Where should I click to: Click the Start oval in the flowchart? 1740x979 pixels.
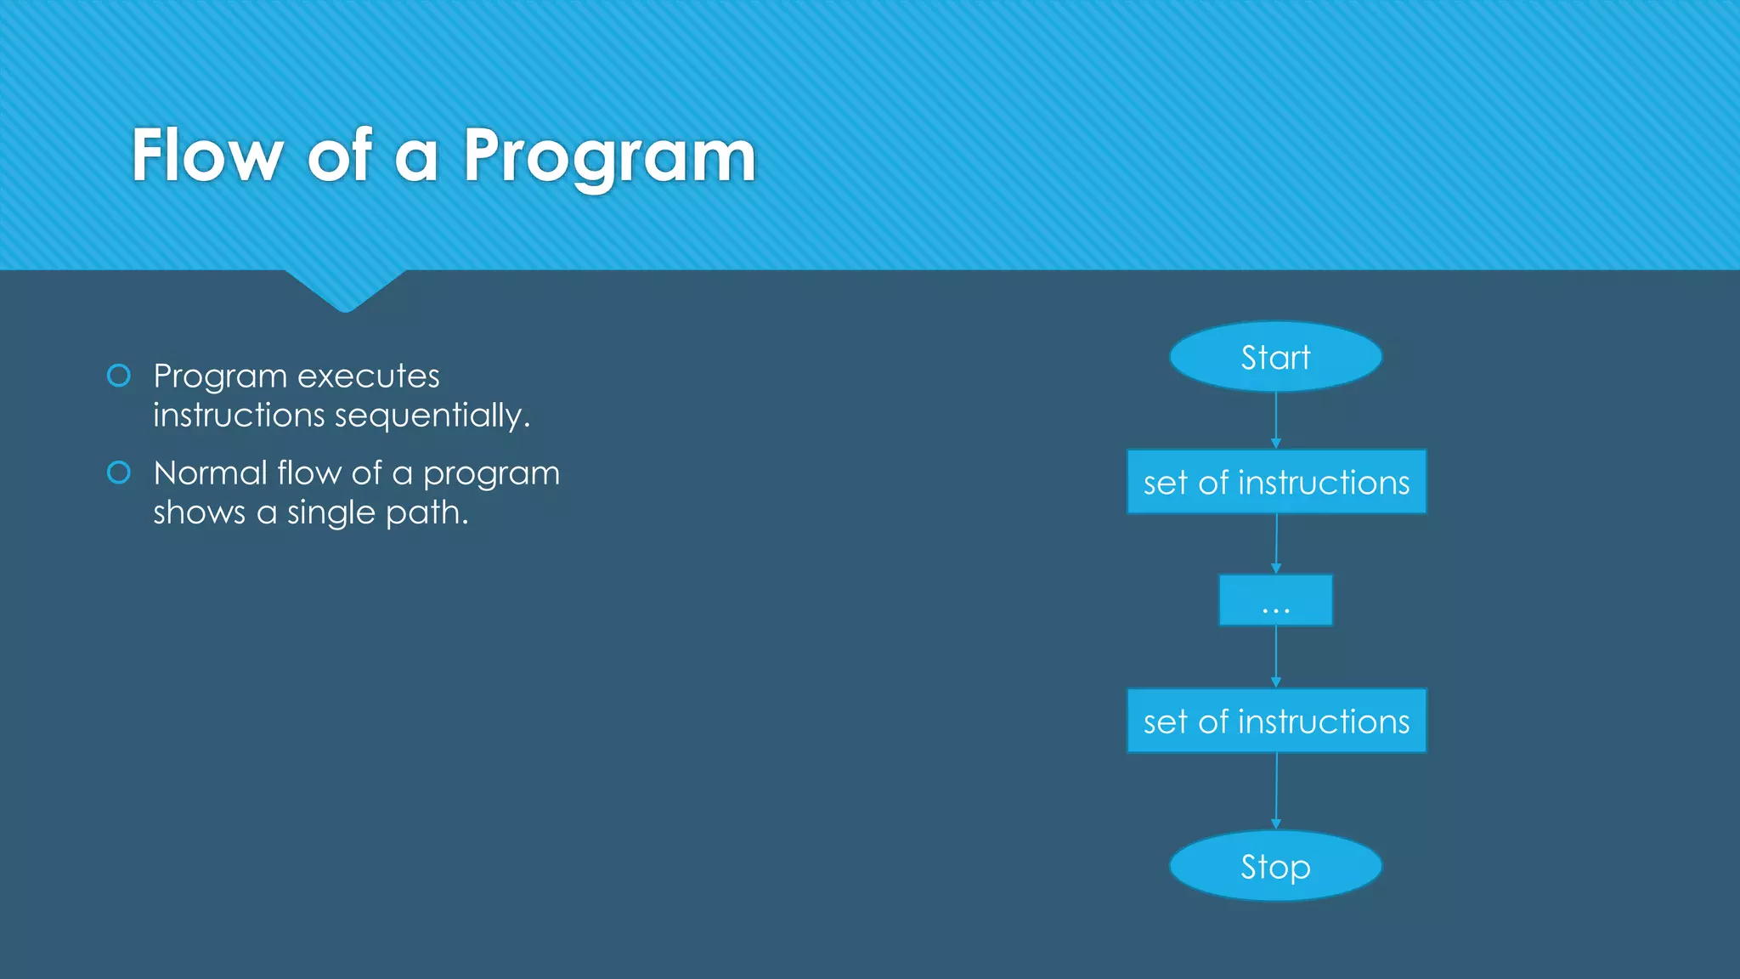pos(1275,357)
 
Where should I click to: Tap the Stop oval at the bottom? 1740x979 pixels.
pos(1275,866)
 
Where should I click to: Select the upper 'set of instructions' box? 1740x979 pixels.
pos(1276,482)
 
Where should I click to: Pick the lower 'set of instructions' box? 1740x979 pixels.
pos(1276,721)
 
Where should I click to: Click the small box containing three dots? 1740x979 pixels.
pos(1275,601)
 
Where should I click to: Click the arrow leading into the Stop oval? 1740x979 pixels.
pos(1275,791)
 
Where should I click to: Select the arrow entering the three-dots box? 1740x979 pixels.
pos(1275,544)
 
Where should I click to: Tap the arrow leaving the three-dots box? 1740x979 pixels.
pos(1275,657)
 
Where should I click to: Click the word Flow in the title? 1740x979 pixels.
pos(206,156)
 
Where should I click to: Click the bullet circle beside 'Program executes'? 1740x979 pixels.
pos(119,376)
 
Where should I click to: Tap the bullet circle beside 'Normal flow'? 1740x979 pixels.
pos(119,473)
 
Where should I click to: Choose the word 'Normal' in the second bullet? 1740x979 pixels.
pos(210,473)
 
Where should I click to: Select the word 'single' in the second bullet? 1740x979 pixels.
pos(330,513)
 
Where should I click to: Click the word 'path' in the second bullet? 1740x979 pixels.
pos(426,513)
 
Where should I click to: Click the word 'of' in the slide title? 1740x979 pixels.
pos(339,156)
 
